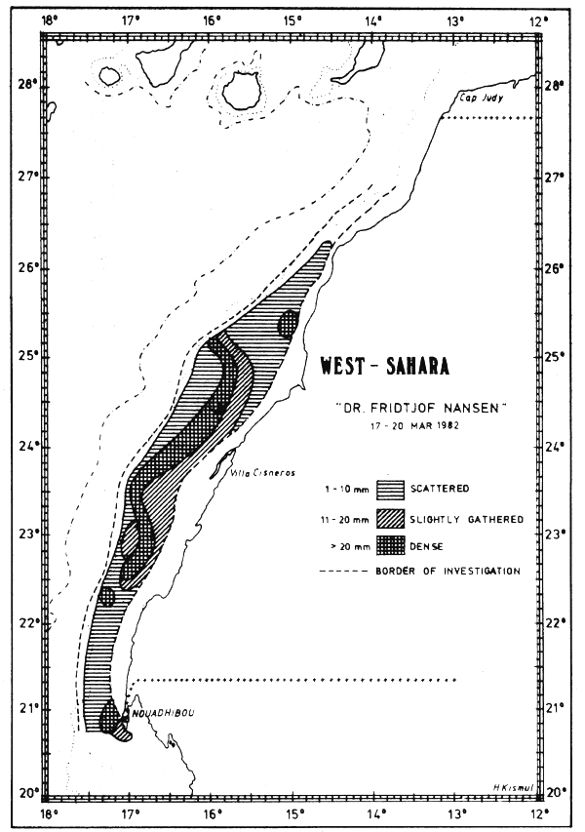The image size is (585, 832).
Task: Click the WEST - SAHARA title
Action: [385, 367]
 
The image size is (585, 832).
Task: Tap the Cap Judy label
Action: [478, 99]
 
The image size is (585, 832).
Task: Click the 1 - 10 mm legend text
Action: [344, 487]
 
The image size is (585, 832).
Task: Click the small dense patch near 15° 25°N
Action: [289, 323]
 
